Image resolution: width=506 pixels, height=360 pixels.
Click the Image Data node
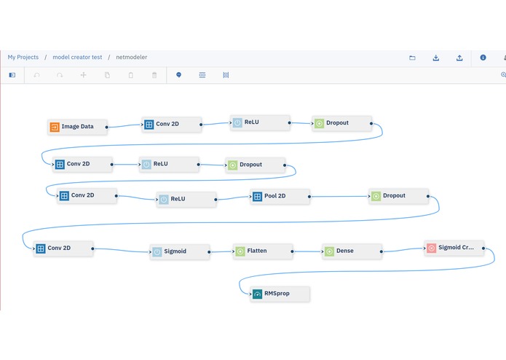[x=77, y=127]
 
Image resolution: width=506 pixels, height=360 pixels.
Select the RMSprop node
[x=280, y=294]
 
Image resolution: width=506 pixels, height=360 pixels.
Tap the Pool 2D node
[x=280, y=196]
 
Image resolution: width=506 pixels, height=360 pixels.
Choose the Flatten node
[x=263, y=251]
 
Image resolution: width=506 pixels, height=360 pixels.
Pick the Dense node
[x=352, y=251]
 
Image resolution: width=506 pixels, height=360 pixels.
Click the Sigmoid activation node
[x=180, y=252]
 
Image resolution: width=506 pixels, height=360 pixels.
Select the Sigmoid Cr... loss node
[x=454, y=248]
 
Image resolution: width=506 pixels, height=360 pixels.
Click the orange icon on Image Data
[x=55, y=127]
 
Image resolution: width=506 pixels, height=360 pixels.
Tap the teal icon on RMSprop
[x=257, y=294]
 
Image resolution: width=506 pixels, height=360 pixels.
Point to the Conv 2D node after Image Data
[x=172, y=125]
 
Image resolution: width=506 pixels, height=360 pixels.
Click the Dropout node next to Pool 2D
[x=398, y=196]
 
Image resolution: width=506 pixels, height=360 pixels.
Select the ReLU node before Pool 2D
[x=186, y=199]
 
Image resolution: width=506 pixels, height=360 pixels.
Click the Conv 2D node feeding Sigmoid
[x=63, y=249]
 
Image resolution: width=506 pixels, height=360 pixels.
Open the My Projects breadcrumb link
[x=23, y=57]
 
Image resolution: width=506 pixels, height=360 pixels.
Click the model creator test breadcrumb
[x=77, y=57]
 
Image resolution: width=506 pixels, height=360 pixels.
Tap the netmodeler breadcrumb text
[x=131, y=57]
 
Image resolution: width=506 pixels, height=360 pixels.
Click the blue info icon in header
[x=483, y=58]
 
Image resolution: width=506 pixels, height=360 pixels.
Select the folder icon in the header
[x=412, y=58]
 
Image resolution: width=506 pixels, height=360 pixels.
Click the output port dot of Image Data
[x=106, y=128]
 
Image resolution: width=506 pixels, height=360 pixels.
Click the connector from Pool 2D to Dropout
[x=339, y=196]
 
